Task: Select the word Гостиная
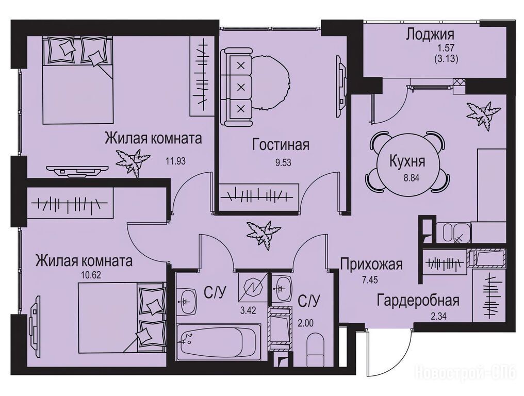[x=281, y=145]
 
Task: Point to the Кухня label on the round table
[x=407, y=161]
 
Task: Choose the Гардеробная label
[x=418, y=301]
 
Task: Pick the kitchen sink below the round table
[x=453, y=233]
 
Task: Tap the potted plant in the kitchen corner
[x=484, y=114]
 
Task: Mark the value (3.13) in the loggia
[x=446, y=59]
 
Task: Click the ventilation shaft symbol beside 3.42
[x=253, y=287]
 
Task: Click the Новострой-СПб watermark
[x=468, y=373]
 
